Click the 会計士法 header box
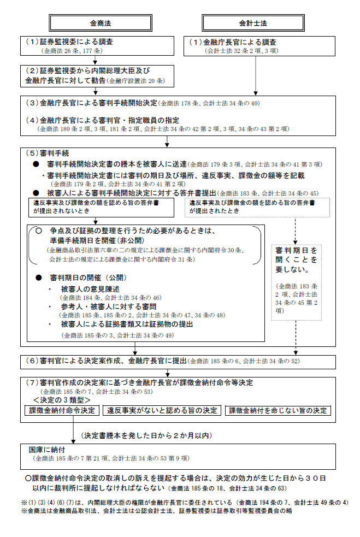pos(253,23)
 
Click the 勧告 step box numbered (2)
pos(98,76)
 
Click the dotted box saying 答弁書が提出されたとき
pos(257,206)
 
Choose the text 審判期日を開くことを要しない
pos(296,259)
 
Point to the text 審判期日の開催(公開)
pos(87,277)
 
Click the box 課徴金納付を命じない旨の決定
pos(278,410)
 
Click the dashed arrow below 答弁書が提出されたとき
pos(296,229)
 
